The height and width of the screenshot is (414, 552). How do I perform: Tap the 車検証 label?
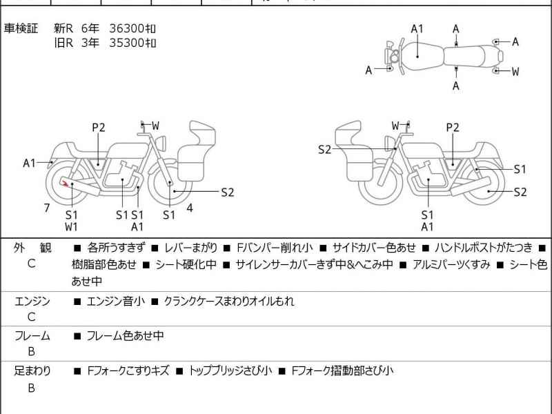21,28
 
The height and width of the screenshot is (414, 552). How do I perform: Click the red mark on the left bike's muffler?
64,183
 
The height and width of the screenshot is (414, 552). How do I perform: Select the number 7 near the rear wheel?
47,207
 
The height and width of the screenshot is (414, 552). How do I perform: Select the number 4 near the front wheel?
189,207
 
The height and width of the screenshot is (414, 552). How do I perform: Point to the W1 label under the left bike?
72,226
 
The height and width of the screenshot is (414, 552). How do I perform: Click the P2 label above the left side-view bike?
99,127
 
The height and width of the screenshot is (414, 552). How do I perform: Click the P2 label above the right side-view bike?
453,127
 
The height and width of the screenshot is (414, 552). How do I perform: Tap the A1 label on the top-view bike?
417,28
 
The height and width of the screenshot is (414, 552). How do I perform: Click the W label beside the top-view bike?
515,71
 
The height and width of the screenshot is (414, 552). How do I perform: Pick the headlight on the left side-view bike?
163,141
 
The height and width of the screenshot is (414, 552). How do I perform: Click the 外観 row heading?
32,247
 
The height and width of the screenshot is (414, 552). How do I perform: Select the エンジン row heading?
32,301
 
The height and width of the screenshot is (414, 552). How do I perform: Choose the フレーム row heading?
32,336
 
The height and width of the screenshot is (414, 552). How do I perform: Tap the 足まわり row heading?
32,371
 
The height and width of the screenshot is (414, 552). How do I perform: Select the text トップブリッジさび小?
231,371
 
